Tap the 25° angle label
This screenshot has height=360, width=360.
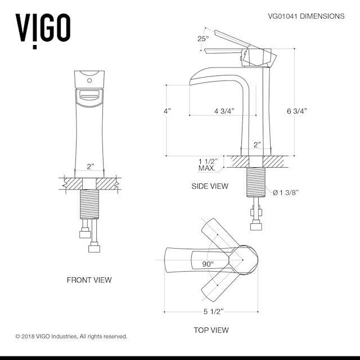click(x=203, y=39)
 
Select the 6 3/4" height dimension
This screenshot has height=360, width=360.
click(x=296, y=111)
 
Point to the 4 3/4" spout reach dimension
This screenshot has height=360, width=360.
click(x=224, y=111)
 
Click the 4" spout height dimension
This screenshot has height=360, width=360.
click(x=166, y=111)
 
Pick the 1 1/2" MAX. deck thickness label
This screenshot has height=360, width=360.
click(x=208, y=164)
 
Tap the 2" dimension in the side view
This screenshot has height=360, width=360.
click(x=257, y=145)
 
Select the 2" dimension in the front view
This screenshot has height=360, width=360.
click(x=90, y=166)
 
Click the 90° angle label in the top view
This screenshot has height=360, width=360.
click(x=208, y=263)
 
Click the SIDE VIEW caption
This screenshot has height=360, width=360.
click(x=210, y=186)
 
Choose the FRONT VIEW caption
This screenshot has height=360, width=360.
click(x=89, y=280)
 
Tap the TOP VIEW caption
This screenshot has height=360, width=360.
click(x=210, y=330)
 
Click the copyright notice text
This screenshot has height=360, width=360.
click(x=71, y=336)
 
